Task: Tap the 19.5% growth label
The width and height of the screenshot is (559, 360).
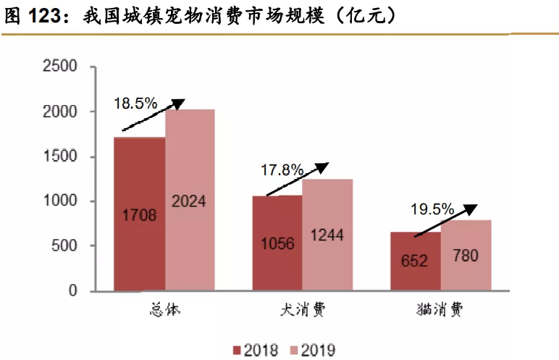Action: [432, 210]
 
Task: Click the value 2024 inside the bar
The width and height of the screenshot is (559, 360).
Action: [189, 201]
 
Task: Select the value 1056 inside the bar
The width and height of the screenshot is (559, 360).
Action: [277, 243]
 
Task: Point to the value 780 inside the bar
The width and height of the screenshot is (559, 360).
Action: [466, 256]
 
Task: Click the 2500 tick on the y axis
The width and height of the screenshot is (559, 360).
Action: [62, 67]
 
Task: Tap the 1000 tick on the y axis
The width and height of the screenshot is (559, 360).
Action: [62, 201]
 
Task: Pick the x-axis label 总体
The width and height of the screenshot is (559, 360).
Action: [164, 311]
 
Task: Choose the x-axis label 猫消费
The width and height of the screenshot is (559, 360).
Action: [440, 311]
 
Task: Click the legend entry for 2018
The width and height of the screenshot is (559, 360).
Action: [255, 350]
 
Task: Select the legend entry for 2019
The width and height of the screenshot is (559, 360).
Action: [310, 350]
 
